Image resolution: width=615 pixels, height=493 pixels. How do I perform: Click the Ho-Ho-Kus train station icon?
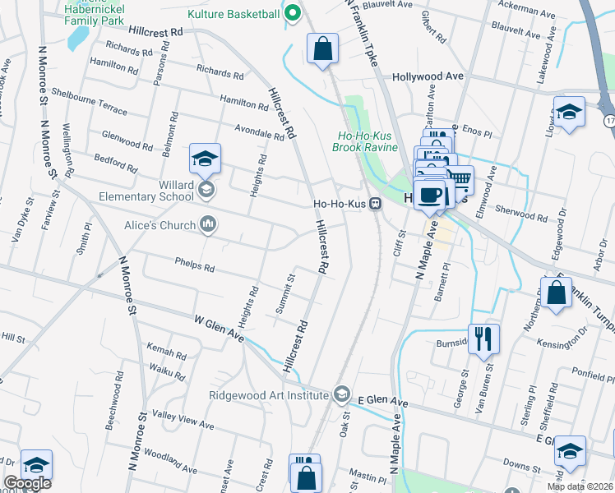(x=375, y=204)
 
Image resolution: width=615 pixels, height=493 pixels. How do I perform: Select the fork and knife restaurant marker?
(x=483, y=337)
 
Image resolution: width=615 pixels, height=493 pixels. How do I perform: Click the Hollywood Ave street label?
(x=428, y=76)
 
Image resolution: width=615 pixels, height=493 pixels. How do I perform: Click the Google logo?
(x=27, y=483)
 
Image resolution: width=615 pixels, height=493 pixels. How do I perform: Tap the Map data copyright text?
(x=580, y=486)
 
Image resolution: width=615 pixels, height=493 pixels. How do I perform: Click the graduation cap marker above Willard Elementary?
(x=205, y=158)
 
